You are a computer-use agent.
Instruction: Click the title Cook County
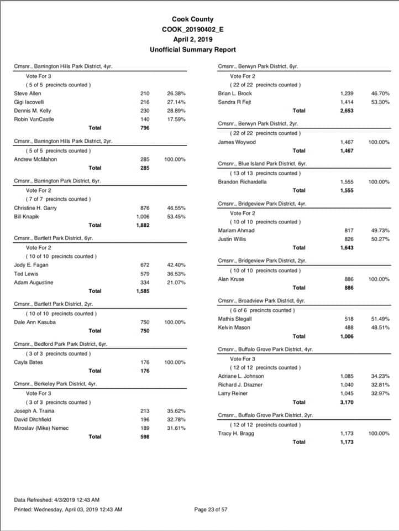pos(192,19)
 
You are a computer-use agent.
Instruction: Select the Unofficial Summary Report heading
pos(192,50)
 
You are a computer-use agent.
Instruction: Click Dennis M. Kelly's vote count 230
pos(145,111)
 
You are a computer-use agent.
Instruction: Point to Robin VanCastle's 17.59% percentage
pos(176,119)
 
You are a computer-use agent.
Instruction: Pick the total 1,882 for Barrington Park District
pos(143,225)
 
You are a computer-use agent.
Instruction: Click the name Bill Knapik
pos(26,216)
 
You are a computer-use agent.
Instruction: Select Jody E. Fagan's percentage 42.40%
pos(176,265)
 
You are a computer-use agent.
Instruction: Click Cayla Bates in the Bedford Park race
pos(28,362)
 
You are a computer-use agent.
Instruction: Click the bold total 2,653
pos(347,111)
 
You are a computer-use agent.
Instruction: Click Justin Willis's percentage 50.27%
pos(380,239)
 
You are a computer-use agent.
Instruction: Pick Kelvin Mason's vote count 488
pos(349,327)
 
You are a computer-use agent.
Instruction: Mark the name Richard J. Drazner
pos(240,384)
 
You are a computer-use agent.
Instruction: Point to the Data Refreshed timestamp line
pos(56,500)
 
